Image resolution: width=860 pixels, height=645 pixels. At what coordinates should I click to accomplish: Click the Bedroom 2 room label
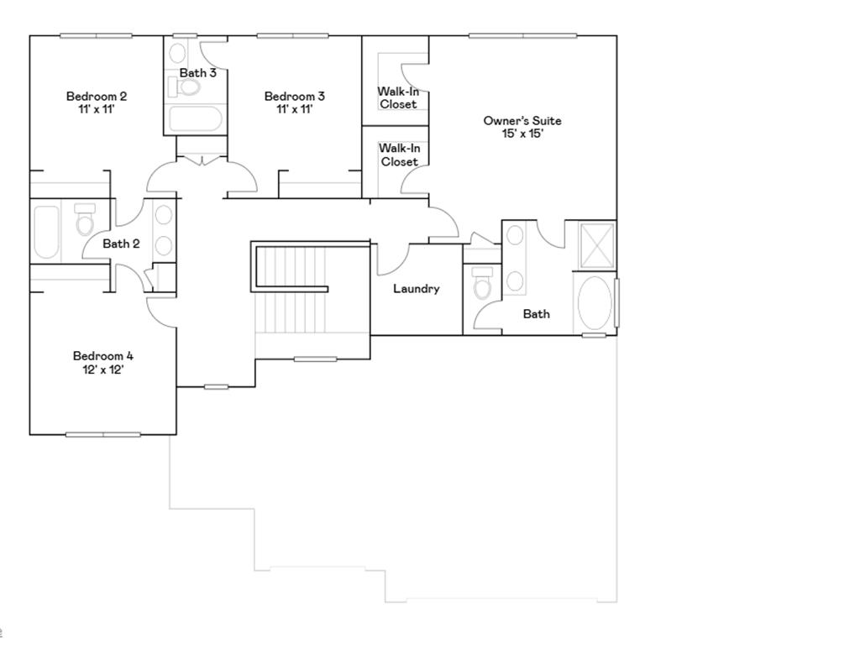pos(97,96)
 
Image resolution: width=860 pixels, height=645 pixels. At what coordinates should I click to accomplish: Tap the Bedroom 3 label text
pos(294,96)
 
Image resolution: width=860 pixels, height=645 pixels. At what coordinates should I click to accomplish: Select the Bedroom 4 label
pos(103,355)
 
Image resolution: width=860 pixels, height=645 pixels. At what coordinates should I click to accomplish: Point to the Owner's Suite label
pos(522,120)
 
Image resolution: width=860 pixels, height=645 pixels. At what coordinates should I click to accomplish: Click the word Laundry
pos(417,288)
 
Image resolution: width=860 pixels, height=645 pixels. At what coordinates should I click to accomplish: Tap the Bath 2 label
pos(121,244)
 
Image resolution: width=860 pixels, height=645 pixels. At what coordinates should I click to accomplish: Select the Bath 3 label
pos(198,72)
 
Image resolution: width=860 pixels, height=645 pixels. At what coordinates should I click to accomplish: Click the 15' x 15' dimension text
pos(522,134)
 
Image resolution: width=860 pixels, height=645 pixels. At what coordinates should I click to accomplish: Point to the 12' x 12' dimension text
pos(103,369)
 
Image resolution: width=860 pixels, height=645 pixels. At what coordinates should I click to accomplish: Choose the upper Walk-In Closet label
pos(398,97)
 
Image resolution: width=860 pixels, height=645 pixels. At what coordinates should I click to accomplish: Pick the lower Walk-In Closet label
pos(400,155)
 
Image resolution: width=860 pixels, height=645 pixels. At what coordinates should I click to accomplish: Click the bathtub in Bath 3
pos(196,118)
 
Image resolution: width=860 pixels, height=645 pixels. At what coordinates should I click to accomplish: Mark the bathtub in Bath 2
pos(47,231)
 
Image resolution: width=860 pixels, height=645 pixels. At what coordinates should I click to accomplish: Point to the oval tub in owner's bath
pos(595,304)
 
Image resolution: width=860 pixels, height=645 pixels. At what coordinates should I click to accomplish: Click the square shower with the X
pos(598,244)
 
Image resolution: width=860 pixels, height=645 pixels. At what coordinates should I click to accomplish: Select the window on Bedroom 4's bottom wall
pos(103,434)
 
